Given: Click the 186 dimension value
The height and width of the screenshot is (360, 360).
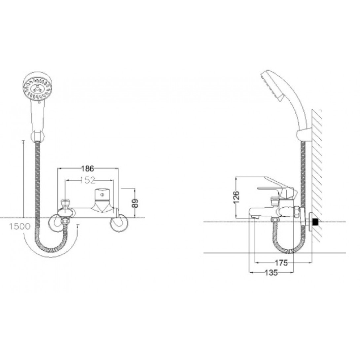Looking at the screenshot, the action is (x=88, y=168).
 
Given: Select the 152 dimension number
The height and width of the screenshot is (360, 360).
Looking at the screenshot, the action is (x=88, y=180).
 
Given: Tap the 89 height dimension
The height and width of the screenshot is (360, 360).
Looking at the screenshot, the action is (x=136, y=203).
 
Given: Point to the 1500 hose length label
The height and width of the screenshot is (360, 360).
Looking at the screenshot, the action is (x=20, y=227).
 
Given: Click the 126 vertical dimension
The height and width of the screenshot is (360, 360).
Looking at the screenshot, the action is (x=236, y=197).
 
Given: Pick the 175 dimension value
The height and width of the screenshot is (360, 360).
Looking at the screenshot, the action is (x=281, y=263).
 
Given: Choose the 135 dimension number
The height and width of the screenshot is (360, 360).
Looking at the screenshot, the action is (x=271, y=273).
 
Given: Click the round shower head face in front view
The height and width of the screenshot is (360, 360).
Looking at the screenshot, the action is (x=37, y=87).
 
